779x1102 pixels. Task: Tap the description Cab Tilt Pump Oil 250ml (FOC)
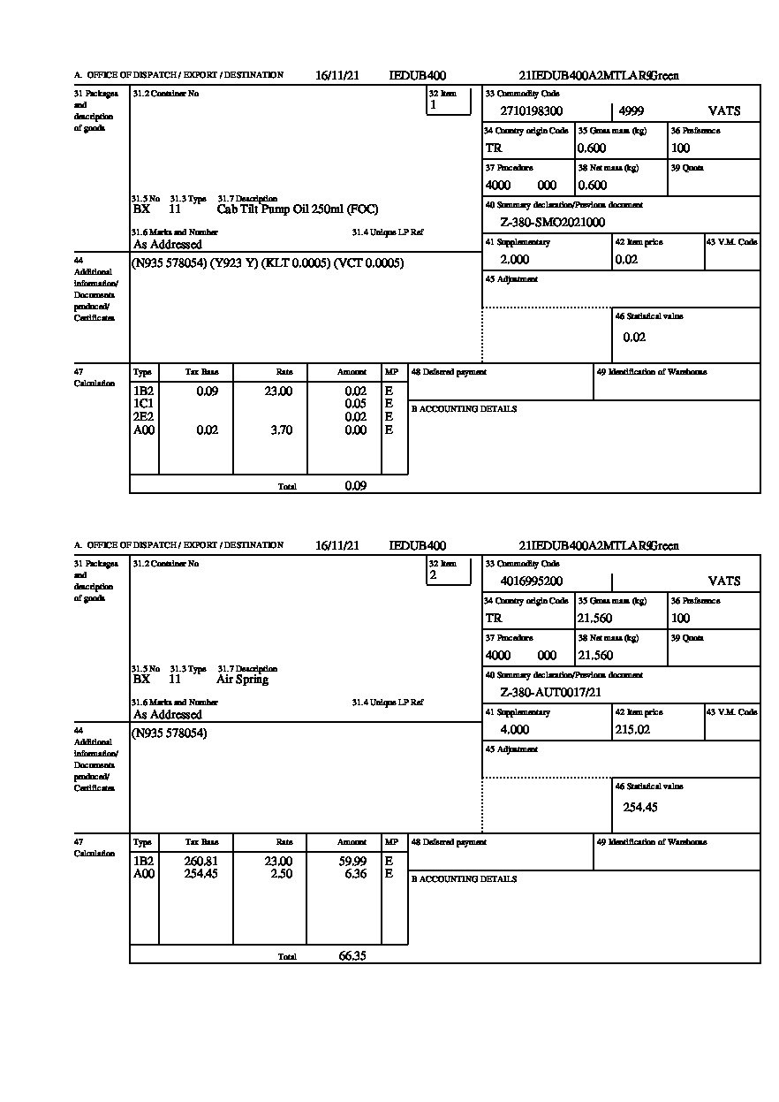(297, 209)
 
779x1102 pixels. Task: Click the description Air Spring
(242, 680)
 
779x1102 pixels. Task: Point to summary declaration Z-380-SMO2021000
(552, 223)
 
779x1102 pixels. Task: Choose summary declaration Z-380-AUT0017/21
(550, 693)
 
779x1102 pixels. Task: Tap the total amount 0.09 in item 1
(356, 485)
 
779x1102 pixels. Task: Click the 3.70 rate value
(280, 430)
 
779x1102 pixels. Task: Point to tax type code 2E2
(143, 417)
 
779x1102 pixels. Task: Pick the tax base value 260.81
(206, 861)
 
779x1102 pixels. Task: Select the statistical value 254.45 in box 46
(640, 807)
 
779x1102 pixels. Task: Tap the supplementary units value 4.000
(514, 730)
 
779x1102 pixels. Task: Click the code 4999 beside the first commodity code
(632, 111)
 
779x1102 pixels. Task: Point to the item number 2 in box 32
(433, 575)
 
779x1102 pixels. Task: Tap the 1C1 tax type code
(143, 404)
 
